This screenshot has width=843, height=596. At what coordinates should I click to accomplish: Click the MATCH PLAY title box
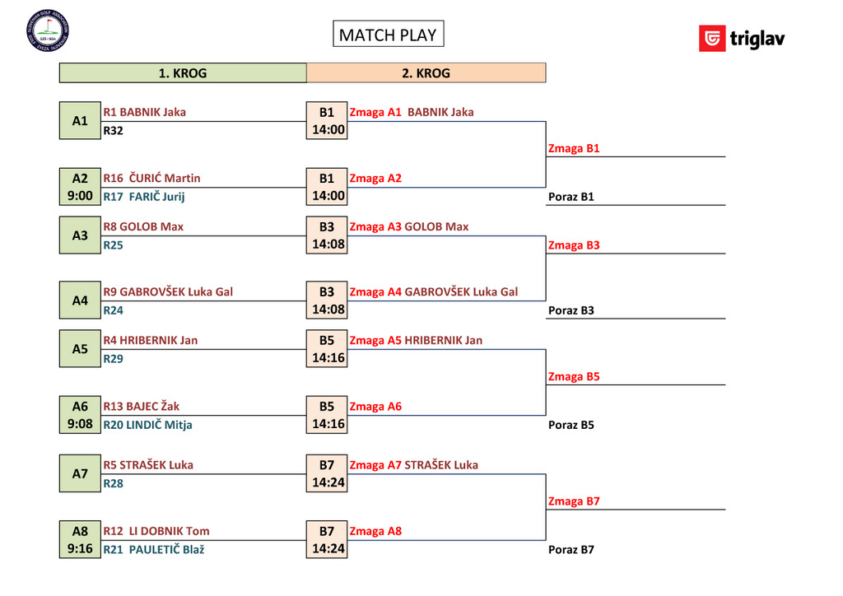pos(388,35)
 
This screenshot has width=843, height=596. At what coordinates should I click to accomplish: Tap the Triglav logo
pos(742,39)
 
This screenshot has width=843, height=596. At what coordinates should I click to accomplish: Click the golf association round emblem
pos(48,30)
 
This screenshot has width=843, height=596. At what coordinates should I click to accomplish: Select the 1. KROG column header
pos(183,73)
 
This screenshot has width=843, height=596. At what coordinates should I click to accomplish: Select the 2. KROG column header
pos(426,73)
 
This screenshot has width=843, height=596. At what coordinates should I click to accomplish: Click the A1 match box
pos(80,121)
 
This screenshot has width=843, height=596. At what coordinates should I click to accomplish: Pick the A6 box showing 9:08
pos(80,416)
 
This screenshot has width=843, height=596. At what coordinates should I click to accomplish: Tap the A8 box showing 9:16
pos(80,540)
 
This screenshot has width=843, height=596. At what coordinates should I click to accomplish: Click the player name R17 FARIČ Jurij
pos(144,197)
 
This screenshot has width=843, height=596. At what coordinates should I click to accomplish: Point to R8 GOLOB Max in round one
pos(143,226)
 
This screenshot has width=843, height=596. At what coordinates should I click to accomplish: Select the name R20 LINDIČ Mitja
pos(148,426)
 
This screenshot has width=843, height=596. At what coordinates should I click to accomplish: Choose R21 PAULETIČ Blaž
pos(154,550)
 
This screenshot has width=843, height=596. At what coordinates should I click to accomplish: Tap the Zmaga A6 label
pos(375,407)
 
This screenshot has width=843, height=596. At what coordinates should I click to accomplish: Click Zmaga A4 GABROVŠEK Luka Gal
pos(434,292)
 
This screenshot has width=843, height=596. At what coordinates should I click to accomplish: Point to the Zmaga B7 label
pos(574,501)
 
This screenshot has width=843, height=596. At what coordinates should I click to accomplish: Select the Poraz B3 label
pos(571,311)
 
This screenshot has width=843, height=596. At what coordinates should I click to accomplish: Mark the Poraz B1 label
pos(571,198)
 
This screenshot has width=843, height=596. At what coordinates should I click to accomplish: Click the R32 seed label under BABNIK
pos(114,130)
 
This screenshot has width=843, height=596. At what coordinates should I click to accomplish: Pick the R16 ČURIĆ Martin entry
pos(151,179)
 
